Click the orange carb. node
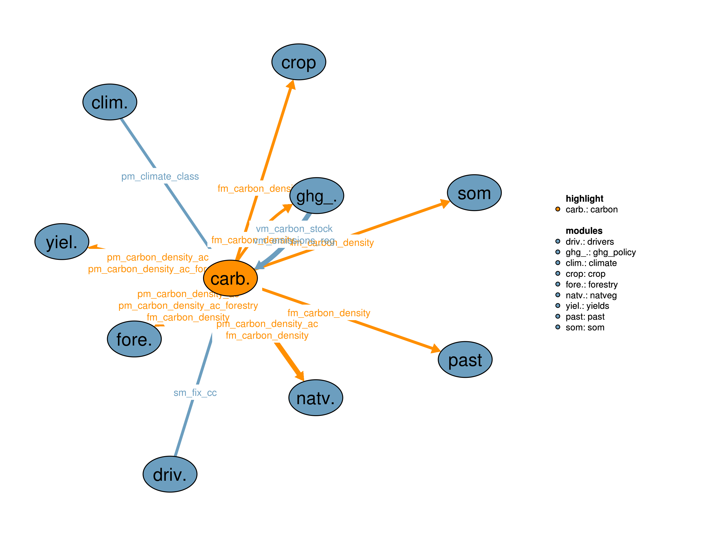tap(230, 278)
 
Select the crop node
tap(299, 62)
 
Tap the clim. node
tap(110, 102)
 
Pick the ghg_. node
tap(317, 196)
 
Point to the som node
tap(474, 193)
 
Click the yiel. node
tap(62, 242)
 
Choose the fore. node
tap(134, 339)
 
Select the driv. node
tap(170, 474)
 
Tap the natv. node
tap(316, 398)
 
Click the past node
tap(465, 360)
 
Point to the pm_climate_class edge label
tap(160, 176)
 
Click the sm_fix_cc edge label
tap(195, 393)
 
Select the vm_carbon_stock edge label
tap(294, 229)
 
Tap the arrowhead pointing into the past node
tap(436, 349)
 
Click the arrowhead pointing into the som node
tap(445, 204)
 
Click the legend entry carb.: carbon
tap(591, 210)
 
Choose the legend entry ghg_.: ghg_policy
tap(600, 252)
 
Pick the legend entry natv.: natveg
tap(591, 295)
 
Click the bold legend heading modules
tap(584, 231)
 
